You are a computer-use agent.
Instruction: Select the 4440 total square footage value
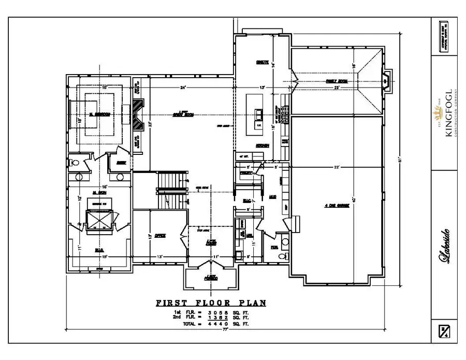pyautogui.click(x=219, y=324)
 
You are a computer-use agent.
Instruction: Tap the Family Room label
pyautogui.click(x=336, y=81)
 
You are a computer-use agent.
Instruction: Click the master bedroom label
pyautogui.click(x=99, y=114)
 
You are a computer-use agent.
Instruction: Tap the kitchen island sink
pyautogui.click(x=257, y=113)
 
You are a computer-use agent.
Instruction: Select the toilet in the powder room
pyautogui.click(x=282, y=256)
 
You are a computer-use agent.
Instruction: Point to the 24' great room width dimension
pyautogui.click(x=183, y=88)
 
